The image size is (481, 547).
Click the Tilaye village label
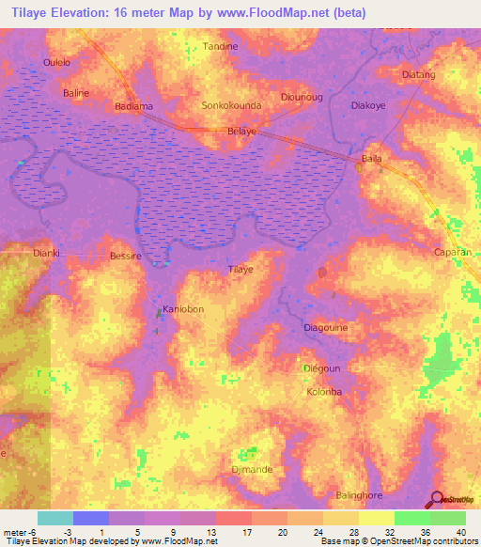[241, 270]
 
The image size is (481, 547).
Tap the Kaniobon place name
[183, 309]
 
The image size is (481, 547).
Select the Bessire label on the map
[125, 256]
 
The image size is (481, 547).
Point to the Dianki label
[46, 252]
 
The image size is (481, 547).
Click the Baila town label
[372, 159]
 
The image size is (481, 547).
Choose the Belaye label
[241, 133]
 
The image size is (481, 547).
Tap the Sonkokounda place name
[232, 106]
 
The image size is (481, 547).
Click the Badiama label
[133, 106]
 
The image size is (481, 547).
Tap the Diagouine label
[328, 328]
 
